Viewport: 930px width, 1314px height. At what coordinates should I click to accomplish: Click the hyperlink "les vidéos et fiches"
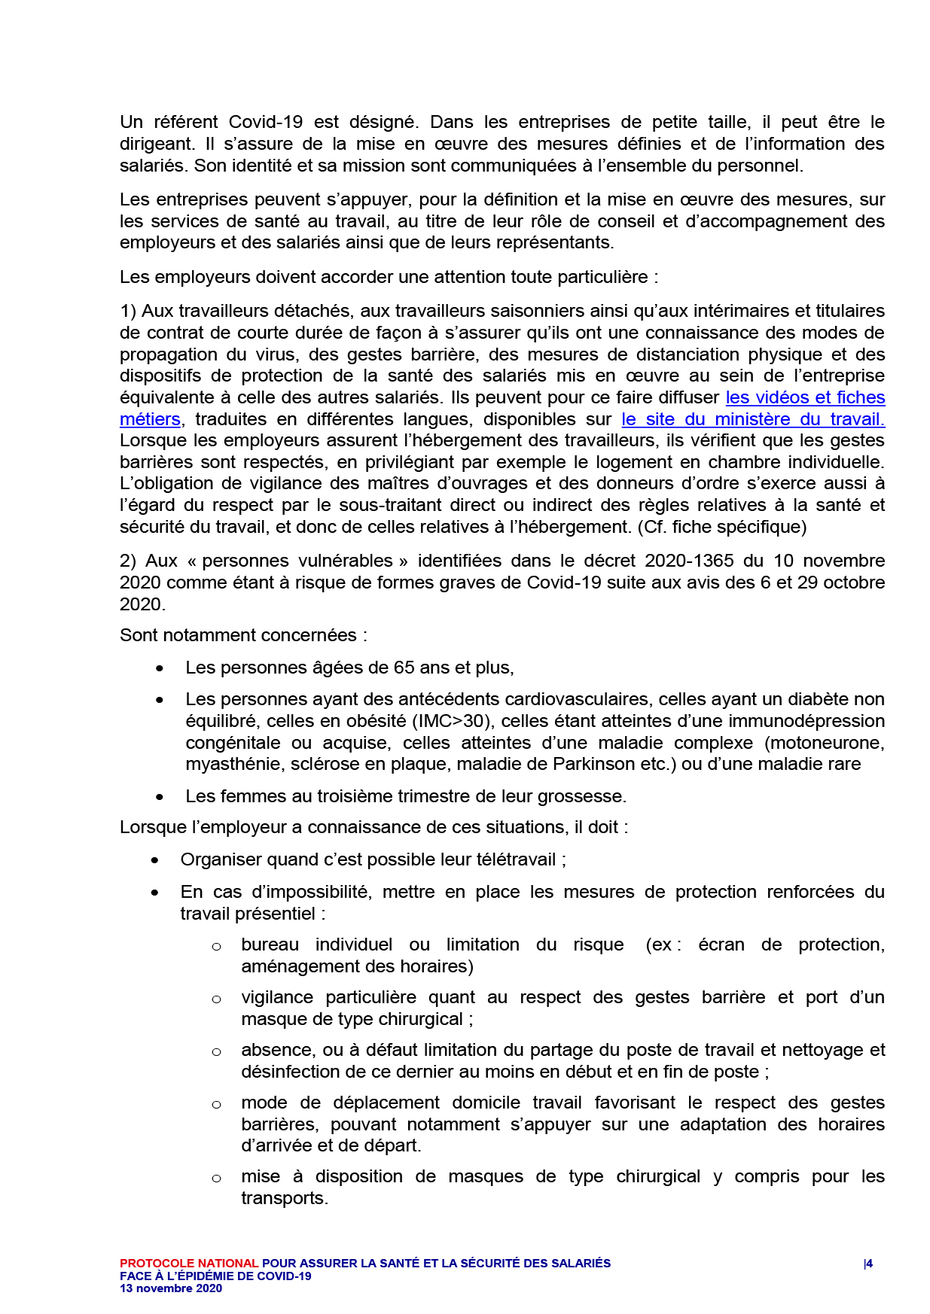tap(804, 397)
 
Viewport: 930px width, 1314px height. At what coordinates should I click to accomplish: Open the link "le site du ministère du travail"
tap(752, 419)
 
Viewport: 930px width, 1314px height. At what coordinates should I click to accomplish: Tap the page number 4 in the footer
tap(869, 1264)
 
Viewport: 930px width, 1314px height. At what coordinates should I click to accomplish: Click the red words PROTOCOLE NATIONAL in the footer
tap(189, 1264)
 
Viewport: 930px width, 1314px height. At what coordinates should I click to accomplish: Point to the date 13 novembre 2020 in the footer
tap(171, 1288)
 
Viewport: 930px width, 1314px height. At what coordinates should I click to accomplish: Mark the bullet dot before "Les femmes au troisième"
tap(160, 797)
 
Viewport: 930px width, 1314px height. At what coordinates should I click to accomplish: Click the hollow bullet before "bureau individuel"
tap(216, 946)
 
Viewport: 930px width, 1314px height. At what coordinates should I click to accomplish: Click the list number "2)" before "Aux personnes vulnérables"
tap(128, 561)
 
